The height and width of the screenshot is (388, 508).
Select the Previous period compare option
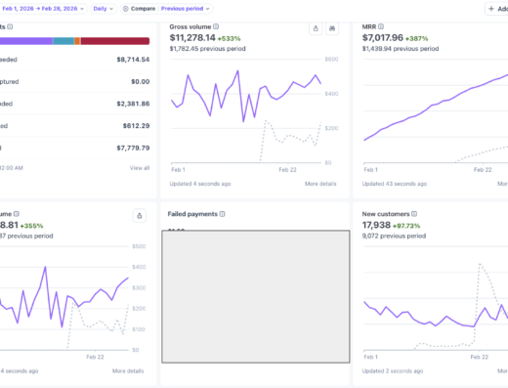(184, 8)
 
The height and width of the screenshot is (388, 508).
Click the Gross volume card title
(190, 26)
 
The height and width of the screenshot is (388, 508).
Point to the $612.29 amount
(133, 125)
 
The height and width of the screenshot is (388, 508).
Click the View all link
(140, 168)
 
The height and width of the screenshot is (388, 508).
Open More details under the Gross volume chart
(321, 184)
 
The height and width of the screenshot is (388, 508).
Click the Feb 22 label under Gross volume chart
(286, 169)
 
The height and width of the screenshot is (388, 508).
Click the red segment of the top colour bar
(114, 41)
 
